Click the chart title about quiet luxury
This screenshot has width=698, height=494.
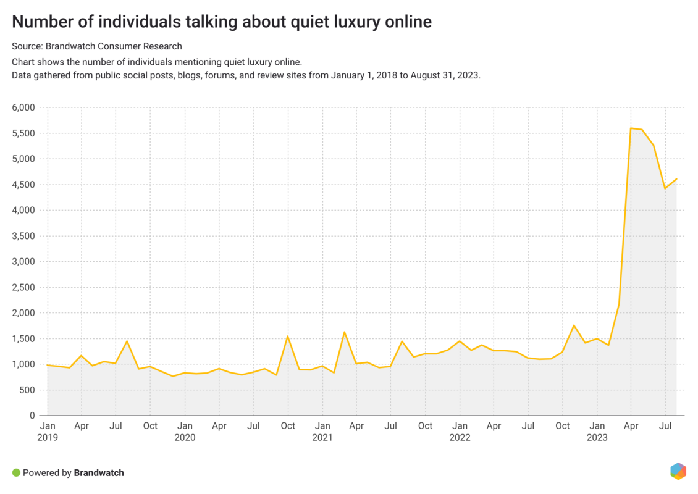click(x=222, y=22)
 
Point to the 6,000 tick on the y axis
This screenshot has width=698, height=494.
click(x=23, y=107)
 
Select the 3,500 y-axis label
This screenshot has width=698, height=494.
click(x=23, y=236)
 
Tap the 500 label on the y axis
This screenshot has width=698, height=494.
click(x=28, y=390)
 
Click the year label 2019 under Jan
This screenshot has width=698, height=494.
click(x=47, y=437)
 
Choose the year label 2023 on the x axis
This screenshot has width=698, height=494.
click(x=597, y=437)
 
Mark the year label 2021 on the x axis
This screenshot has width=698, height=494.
click(x=322, y=437)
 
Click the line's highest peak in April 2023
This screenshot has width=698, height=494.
click(x=631, y=128)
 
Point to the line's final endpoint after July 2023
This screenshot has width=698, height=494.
click(x=676, y=179)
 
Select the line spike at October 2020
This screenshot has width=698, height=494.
click(x=288, y=337)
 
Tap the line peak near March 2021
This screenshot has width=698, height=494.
click(x=345, y=332)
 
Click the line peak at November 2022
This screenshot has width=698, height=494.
click(x=574, y=325)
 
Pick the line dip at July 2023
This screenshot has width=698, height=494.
click(x=665, y=188)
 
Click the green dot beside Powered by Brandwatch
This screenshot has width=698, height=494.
click(x=16, y=473)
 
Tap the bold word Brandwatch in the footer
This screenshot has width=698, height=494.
click(x=99, y=473)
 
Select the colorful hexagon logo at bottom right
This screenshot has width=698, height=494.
click(x=678, y=471)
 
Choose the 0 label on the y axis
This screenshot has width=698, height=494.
click(x=32, y=416)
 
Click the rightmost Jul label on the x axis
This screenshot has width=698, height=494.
click(x=665, y=426)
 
